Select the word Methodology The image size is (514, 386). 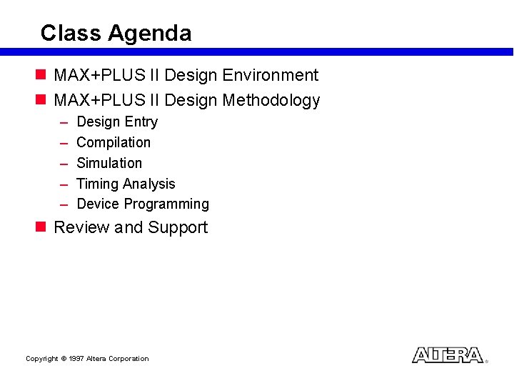tap(271, 100)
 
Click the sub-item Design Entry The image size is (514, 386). tap(117, 122)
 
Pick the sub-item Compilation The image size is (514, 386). tap(114, 143)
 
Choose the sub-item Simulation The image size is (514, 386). tap(109, 163)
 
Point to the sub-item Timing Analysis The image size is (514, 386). tap(126, 184)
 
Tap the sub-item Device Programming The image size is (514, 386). tap(143, 204)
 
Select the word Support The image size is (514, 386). tap(178, 227)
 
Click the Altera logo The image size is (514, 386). tap(448, 355)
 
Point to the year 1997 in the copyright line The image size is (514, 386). tap(76, 359)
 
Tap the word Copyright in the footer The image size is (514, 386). tap(41, 359)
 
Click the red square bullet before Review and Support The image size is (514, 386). tap(41, 227)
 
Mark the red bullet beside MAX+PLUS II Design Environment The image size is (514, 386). tap(41, 75)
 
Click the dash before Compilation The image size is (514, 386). tap(62, 143)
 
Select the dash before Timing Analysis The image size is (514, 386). tap(62, 184)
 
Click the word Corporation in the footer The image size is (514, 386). tap(128, 359)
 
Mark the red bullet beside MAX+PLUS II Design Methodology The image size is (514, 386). tap(41, 100)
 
